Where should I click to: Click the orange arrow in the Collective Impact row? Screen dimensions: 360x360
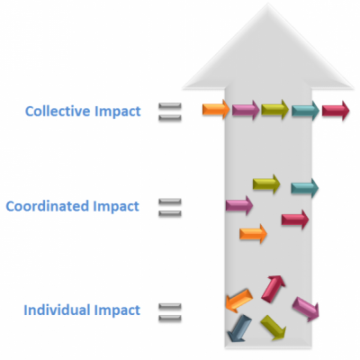[216, 110]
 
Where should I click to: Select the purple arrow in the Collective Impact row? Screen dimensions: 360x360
[246, 110]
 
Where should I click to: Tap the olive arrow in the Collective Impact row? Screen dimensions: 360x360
[274, 110]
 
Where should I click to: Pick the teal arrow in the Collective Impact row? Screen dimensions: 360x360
[305, 111]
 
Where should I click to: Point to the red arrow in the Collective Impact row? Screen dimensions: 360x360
[336, 111]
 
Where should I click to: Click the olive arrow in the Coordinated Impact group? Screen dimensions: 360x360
[266, 184]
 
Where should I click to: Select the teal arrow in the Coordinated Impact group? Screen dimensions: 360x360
[304, 188]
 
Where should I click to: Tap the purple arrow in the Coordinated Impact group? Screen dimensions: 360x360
[239, 205]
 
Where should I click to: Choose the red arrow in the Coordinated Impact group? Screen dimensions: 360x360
[295, 220]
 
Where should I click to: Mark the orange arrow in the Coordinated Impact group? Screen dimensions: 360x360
[253, 234]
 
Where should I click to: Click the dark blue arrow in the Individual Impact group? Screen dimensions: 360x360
[239, 328]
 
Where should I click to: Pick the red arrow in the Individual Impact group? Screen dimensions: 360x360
[273, 289]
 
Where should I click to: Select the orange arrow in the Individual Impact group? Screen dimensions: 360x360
[239, 301]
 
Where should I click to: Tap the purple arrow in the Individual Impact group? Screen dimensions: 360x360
[306, 310]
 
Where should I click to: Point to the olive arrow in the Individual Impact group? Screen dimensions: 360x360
[273, 328]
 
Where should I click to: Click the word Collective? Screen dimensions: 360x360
[58, 111]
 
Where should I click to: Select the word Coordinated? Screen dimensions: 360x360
[48, 206]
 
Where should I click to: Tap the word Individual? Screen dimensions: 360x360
[58, 310]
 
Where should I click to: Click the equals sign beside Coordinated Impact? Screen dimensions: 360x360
[170, 207]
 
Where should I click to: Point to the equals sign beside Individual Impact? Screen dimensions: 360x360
[170, 312]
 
